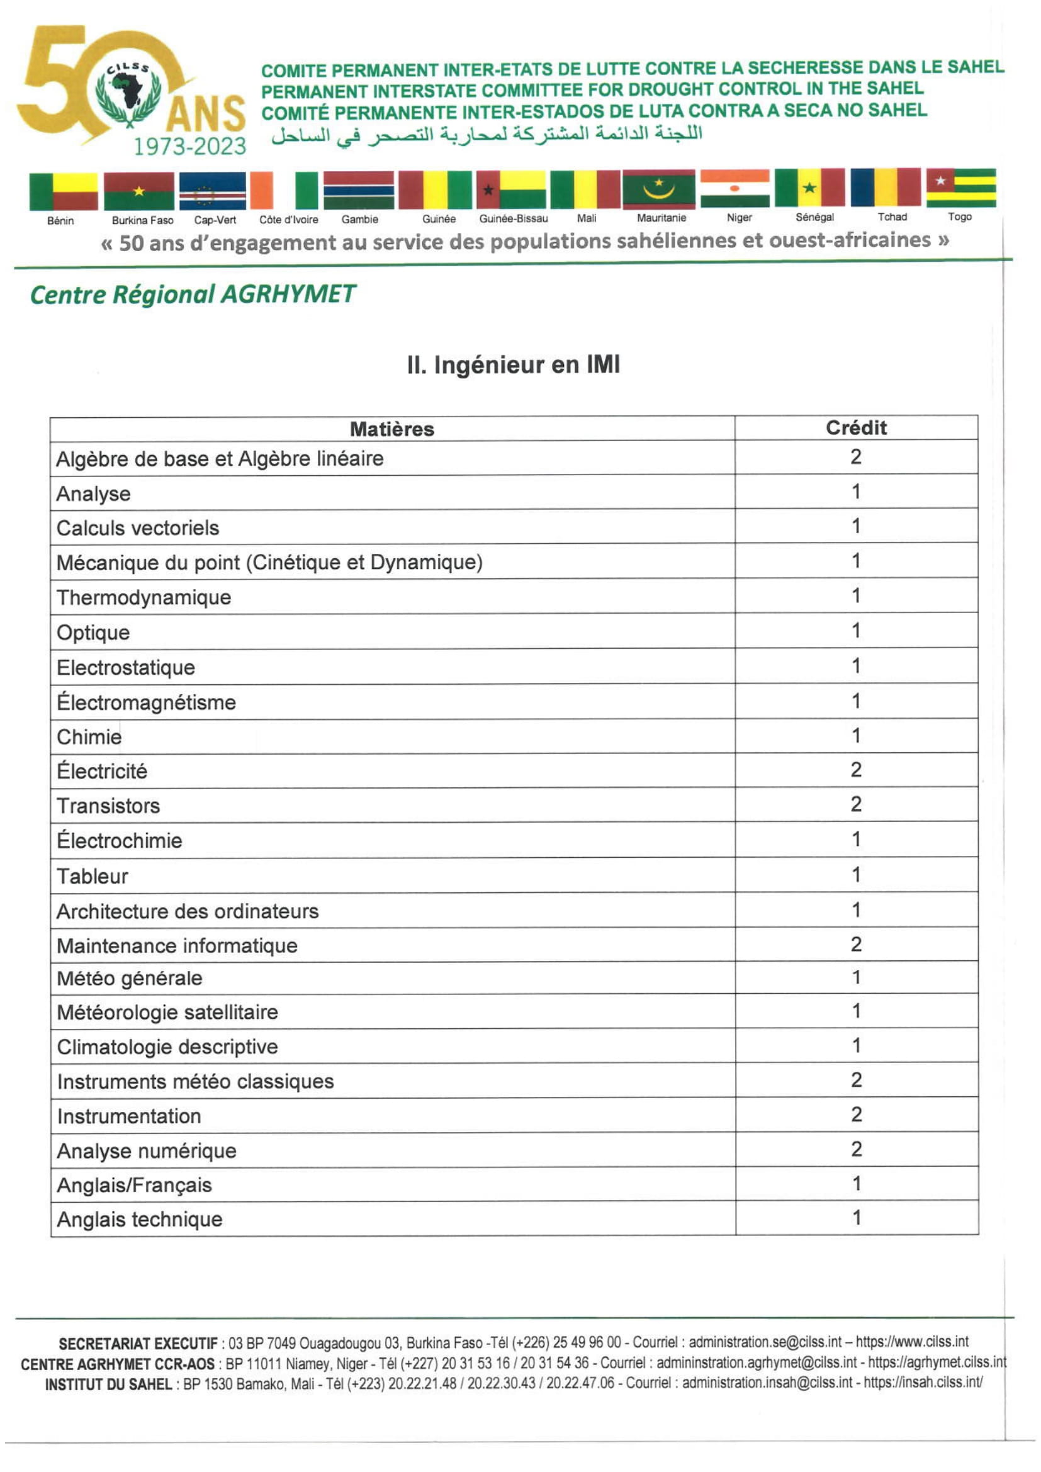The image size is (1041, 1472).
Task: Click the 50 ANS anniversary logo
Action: click(132, 92)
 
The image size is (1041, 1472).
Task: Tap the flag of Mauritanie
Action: click(659, 189)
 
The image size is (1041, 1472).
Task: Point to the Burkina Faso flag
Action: click(139, 191)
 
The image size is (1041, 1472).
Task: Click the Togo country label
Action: click(960, 216)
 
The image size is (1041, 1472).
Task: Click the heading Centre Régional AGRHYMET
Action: click(193, 295)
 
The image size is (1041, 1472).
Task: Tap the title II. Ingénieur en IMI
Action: click(514, 365)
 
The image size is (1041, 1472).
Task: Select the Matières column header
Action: click(391, 429)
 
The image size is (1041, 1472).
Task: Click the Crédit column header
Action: click(856, 427)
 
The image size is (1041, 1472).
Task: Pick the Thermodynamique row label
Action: click(143, 597)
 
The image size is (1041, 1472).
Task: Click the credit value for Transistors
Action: click(856, 805)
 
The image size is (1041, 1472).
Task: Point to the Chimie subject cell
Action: click(89, 737)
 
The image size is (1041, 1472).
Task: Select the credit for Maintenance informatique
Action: click(856, 945)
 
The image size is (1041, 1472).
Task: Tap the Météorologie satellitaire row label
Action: click(167, 1013)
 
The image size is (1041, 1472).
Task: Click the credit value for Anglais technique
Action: click(857, 1218)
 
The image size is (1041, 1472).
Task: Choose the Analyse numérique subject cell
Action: click(147, 1151)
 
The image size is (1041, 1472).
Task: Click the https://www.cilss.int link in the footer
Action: click(911, 1342)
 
